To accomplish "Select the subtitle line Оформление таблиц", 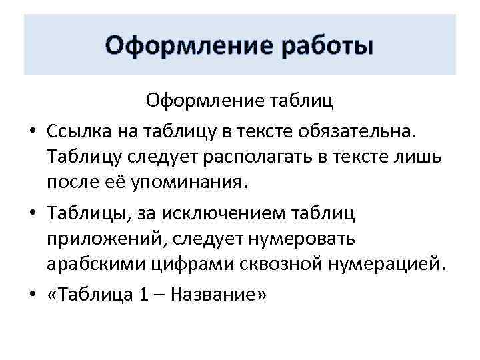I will (x=240, y=101).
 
